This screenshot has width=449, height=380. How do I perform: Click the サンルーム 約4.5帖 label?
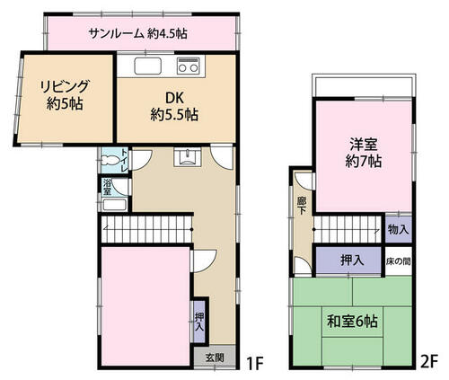[138, 33]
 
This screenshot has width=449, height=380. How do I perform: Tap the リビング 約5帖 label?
[65, 95]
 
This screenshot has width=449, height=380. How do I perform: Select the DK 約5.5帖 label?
[174, 106]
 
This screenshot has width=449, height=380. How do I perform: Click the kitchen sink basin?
[148, 66]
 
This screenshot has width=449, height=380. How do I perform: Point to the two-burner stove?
[189, 66]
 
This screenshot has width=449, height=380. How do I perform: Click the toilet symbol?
[110, 160]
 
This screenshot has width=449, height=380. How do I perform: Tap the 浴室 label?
[107, 187]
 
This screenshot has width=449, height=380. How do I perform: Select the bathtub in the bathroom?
[114, 205]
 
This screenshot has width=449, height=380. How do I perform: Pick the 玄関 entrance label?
[215, 358]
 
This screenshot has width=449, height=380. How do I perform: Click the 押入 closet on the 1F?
[199, 322]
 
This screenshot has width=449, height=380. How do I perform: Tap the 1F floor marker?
[254, 363]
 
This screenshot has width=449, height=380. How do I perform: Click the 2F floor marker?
[428, 361]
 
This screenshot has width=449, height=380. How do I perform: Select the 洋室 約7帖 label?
[364, 153]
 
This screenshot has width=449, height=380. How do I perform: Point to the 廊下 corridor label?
[301, 206]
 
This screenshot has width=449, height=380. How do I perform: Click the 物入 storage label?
[398, 230]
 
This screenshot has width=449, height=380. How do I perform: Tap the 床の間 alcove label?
[398, 261]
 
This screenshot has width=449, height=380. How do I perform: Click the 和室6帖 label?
[352, 322]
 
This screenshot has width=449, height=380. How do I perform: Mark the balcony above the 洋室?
[364, 85]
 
